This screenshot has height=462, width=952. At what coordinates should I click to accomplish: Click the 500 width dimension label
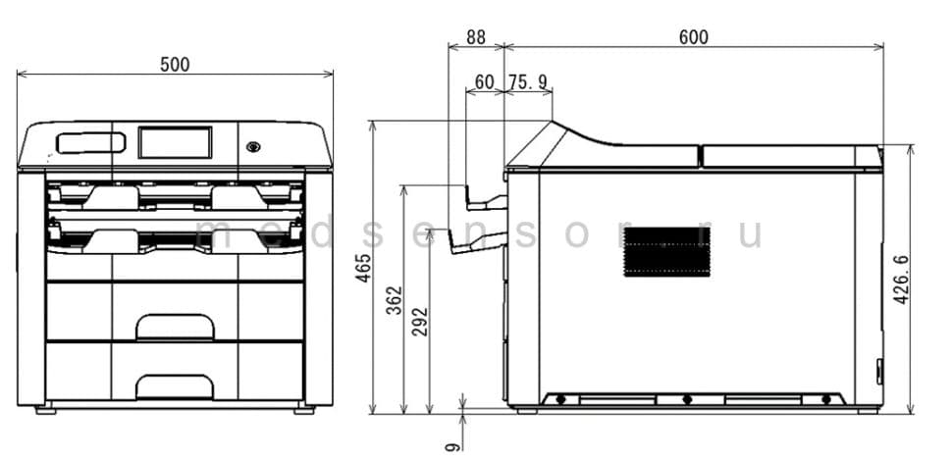tap(175, 65)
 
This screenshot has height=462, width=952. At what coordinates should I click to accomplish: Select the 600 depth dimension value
tap(693, 37)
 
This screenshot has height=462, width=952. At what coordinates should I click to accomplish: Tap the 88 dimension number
tap(476, 37)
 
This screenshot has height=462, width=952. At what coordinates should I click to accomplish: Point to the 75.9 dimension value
tap(528, 82)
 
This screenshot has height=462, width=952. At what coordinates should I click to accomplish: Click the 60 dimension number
tap(484, 82)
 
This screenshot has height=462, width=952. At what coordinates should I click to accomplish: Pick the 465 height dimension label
tap(363, 267)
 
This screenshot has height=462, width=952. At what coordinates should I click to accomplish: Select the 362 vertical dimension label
tap(396, 300)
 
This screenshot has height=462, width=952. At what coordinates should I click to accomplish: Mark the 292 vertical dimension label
tap(420, 322)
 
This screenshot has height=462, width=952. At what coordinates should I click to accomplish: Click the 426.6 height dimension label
tap(901, 280)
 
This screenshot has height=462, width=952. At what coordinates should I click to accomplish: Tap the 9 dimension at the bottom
tap(452, 447)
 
